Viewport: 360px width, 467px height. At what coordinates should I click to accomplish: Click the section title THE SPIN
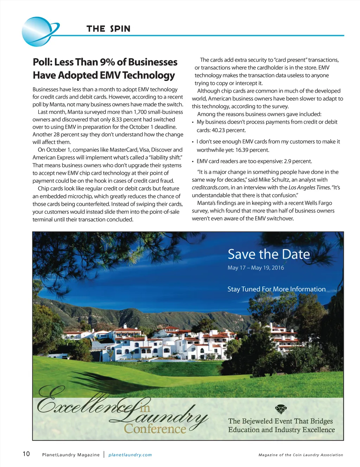coord(108,29)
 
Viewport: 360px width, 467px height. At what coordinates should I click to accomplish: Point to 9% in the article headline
coord(108,62)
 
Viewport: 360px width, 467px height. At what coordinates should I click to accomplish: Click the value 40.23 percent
coord(229,130)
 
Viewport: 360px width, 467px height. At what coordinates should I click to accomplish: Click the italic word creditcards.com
coord(210,188)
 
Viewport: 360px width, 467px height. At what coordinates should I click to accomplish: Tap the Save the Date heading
coord(269,254)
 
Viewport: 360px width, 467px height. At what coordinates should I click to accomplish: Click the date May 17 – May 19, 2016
coord(256,268)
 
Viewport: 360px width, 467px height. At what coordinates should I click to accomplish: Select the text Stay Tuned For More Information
coord(276,289)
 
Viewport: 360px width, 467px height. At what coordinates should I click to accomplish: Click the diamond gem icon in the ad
coord(281,409)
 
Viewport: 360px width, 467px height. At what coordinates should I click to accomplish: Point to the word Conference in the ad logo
coord(155,429)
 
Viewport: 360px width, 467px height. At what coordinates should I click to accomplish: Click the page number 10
coord(26,454)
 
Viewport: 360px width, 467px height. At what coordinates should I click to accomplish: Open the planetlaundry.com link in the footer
coord(130,455)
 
